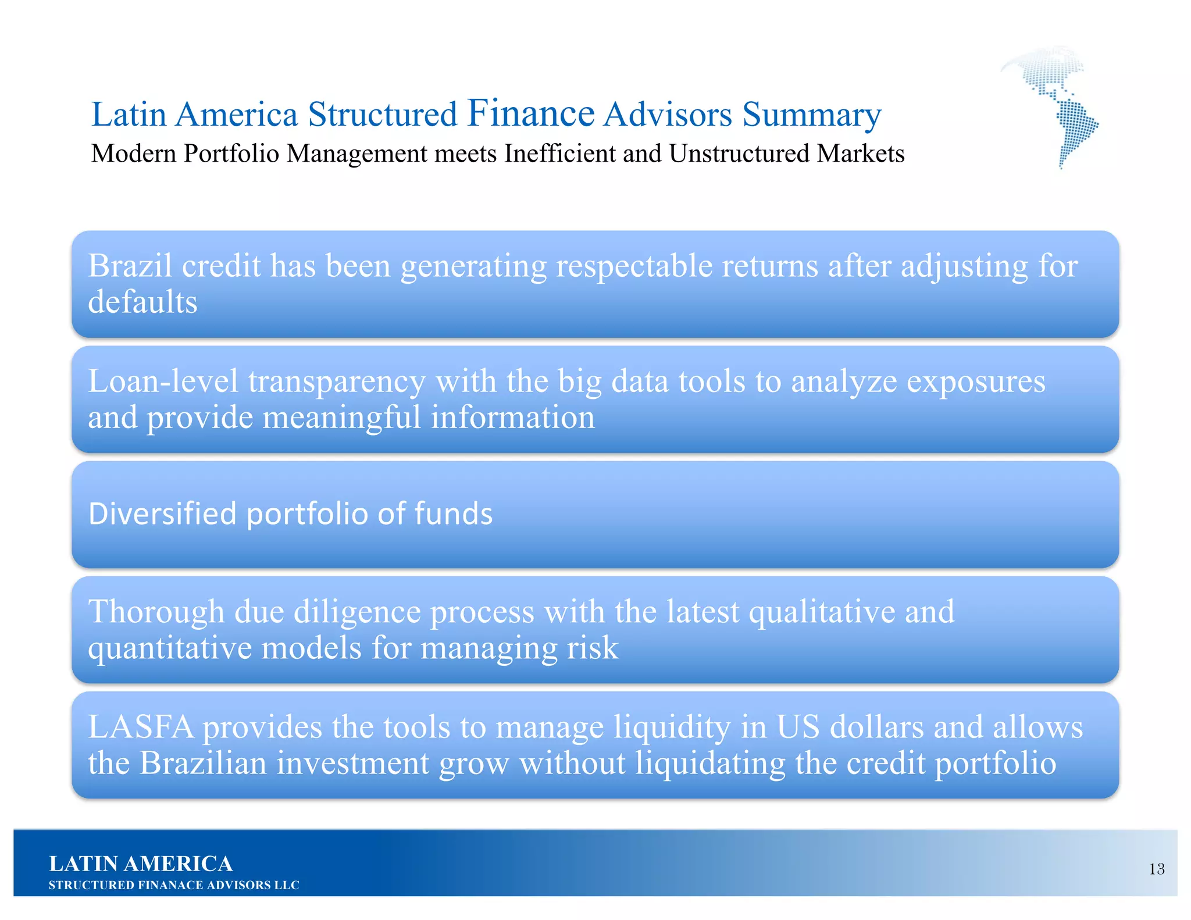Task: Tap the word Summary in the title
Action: [x=811, y=115]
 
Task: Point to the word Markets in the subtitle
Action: [x=860, y=154]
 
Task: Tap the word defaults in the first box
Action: [x=142, y=302]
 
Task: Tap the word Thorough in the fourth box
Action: [x=156, y=612]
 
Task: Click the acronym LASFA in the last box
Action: [x=141, y=727]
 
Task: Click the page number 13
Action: [x=1156, y=869]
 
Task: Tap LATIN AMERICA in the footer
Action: [x=141, y=864]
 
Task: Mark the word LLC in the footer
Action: [x=287, y=885]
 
